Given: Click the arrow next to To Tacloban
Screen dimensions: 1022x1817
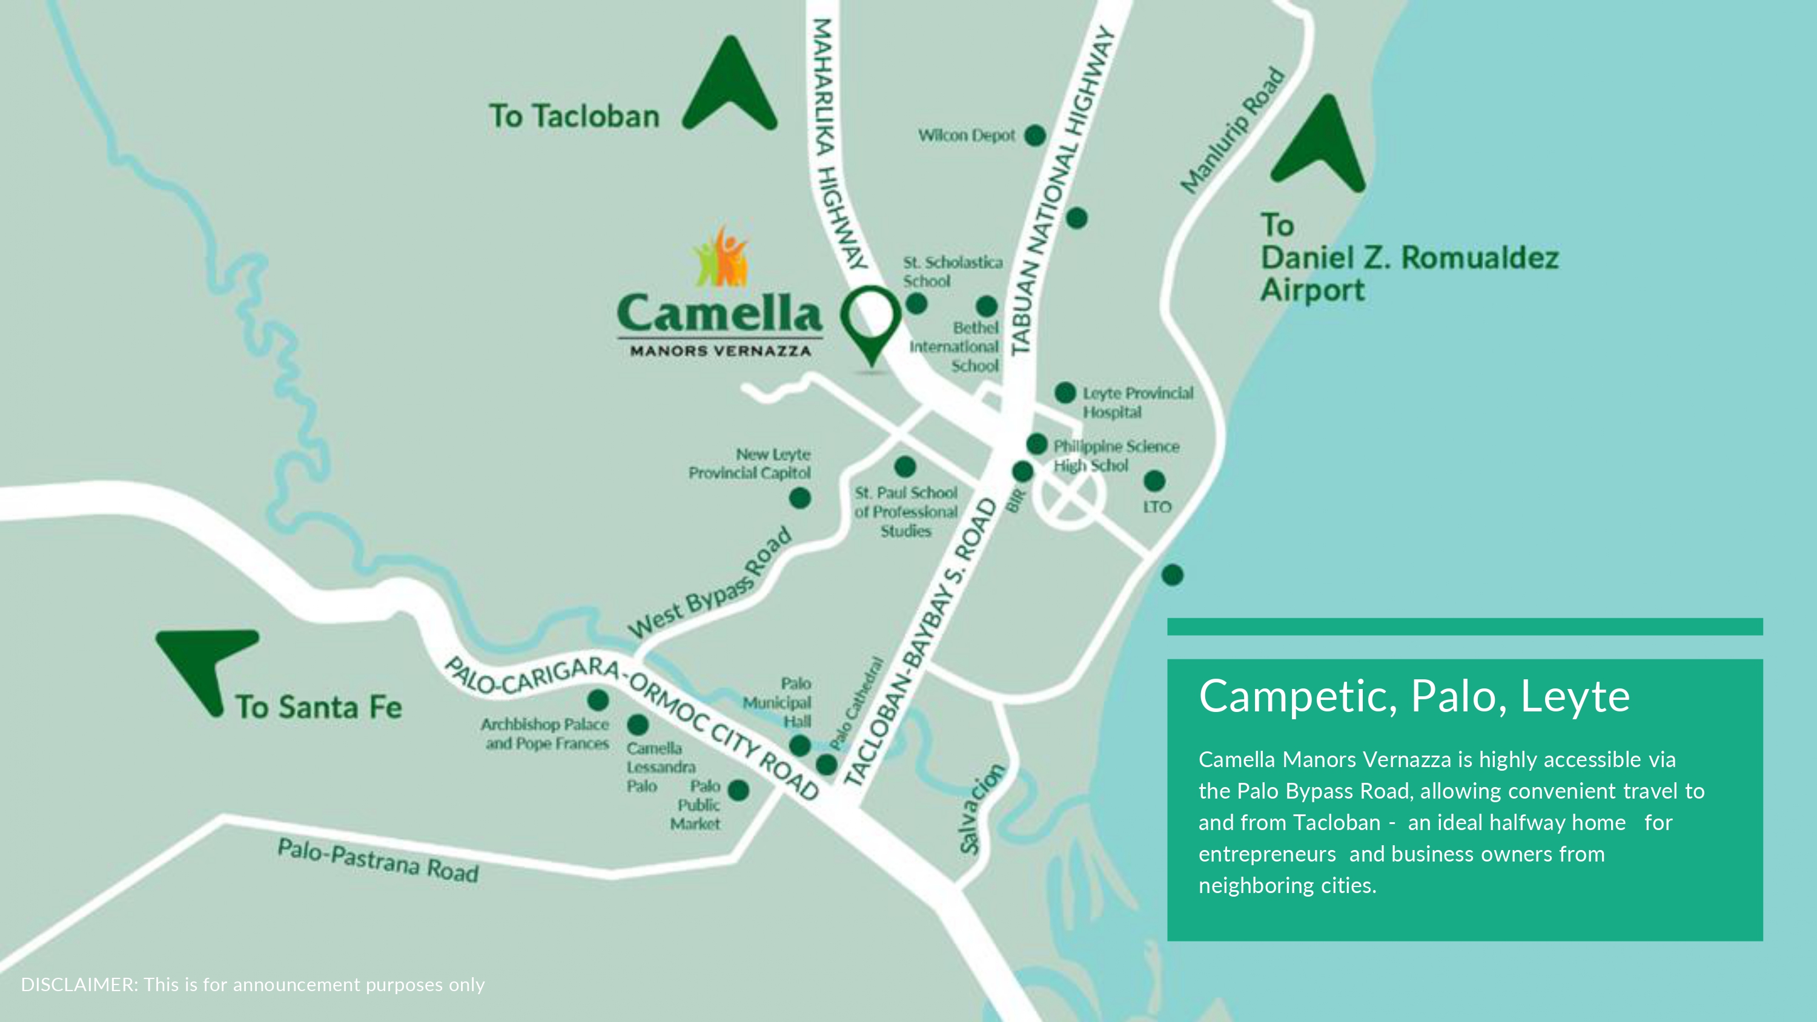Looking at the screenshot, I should (730, 88).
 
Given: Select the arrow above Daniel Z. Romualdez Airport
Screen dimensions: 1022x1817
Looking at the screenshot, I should (1320, 148).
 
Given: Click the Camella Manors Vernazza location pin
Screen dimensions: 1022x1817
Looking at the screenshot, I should (872, 324).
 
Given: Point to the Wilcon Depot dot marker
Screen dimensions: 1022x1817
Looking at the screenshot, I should (1034, 135).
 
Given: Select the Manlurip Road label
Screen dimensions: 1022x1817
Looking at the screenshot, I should (1231, 131).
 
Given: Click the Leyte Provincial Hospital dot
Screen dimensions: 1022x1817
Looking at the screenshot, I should (1065, 393).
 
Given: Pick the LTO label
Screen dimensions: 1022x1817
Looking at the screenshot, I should (1157, 506).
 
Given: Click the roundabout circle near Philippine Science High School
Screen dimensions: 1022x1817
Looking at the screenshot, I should (1068, 496).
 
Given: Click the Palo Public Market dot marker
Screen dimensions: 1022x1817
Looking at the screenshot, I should (738, 790).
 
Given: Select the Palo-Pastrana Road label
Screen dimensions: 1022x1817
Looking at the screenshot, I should (378, 860).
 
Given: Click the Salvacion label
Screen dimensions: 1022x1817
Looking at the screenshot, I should (980, 808).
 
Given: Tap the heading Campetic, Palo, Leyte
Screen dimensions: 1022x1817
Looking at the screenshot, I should (1414, 696).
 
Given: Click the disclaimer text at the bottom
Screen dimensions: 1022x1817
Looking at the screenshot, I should (253, 984).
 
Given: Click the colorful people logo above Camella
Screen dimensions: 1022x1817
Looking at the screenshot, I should (721, 257).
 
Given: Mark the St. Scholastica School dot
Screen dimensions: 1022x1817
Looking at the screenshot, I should (916, 304).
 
